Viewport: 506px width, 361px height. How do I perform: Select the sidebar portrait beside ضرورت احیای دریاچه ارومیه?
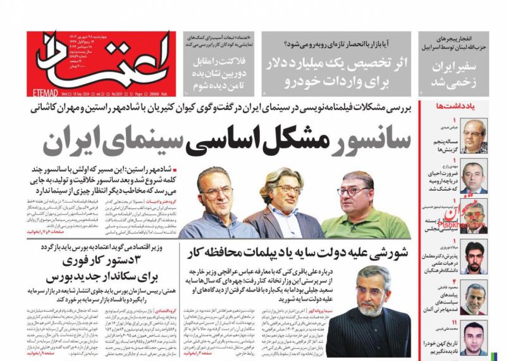tap(474, 175)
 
